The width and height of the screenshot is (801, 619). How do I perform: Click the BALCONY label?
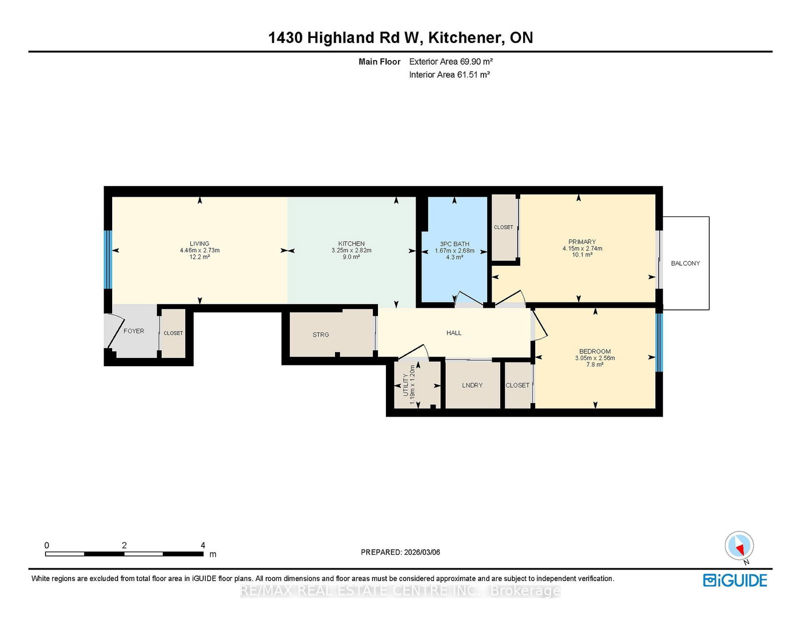point(685,263)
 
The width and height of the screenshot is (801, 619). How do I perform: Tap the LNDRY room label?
point(472,385)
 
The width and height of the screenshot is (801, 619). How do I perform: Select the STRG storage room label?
point(320,335)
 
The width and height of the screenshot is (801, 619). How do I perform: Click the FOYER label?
point(134,331)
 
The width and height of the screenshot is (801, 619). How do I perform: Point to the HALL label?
point(454,333)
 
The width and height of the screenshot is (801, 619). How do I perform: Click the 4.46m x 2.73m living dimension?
point(199,250)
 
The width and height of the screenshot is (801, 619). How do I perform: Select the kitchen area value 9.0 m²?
point(351,257)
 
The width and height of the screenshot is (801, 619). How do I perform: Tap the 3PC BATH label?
point(455,244)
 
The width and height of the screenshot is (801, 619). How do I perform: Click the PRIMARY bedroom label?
point(582,242)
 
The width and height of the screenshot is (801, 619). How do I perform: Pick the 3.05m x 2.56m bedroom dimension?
point(595,358)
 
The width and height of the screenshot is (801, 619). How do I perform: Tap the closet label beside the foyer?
point(173,333)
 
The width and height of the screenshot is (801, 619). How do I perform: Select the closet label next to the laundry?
point(517,385)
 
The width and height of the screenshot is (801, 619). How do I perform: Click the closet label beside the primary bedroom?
point(503,227)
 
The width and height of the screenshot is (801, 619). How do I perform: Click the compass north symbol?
point(739,545)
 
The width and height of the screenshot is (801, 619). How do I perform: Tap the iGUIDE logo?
point(735,580)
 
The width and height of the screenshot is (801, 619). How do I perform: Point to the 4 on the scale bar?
point(203,545)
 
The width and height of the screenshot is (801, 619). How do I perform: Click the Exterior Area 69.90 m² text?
point(451,62)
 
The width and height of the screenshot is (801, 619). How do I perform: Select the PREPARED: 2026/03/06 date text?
point(400,552)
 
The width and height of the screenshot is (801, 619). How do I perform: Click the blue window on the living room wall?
point(107,259)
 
